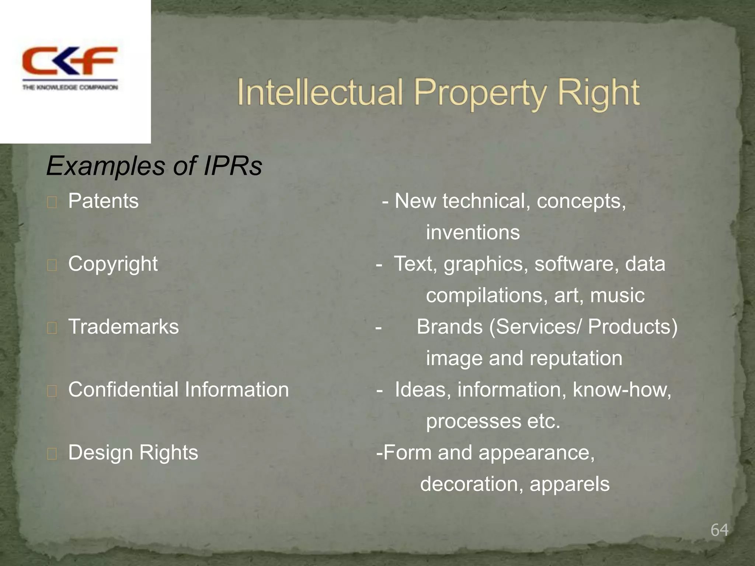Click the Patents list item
click(103, 201)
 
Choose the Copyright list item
click(113, 264)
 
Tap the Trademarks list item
click(123, 327)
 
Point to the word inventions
click(473, 233)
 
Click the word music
click(617, 296)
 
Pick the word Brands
click(449, 327)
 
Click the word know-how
click(622, 389)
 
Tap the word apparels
click(570, 484)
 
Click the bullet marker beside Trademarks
click(52, 328)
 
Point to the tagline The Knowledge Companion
click(70, 87)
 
